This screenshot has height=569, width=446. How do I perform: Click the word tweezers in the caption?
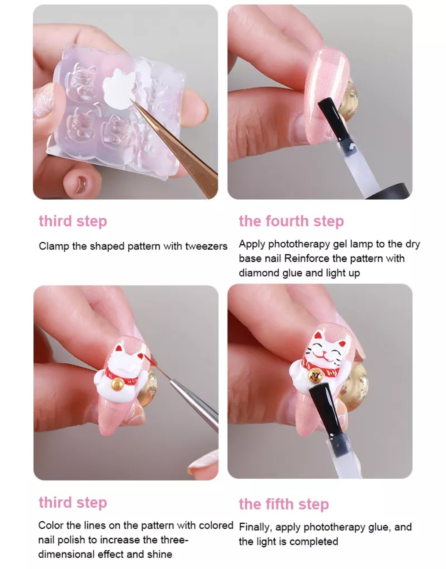[206, 246]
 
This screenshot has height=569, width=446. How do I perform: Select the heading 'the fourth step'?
[291, 221]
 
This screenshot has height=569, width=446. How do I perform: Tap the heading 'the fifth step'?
[284, 505]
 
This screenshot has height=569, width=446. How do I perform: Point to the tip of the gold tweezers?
[130, 99]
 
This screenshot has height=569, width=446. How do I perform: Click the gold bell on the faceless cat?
[118, 385]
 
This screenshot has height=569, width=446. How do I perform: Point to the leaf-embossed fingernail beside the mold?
[44, 100]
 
